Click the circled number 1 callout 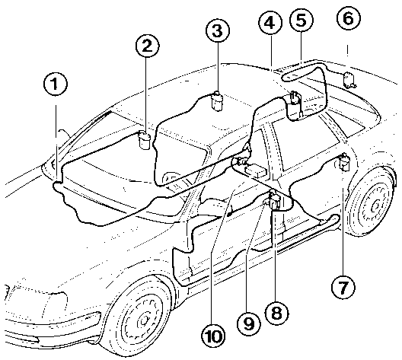coord(55,84)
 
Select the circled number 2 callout coord(147,46)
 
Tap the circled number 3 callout coord(218,30)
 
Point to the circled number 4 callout coord(270,23)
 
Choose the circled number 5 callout coord(301,20)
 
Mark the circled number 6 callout coord(349,18)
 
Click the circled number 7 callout coord(343,287)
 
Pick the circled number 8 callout coord(276,313)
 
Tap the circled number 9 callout coord(248,324)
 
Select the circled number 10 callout coord(213,336)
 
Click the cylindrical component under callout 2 coord(145,139)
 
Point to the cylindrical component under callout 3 coord(217,101)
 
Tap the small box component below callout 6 coord(349,80)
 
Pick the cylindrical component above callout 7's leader coord(344,162)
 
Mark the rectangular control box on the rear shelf coord(257,171)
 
